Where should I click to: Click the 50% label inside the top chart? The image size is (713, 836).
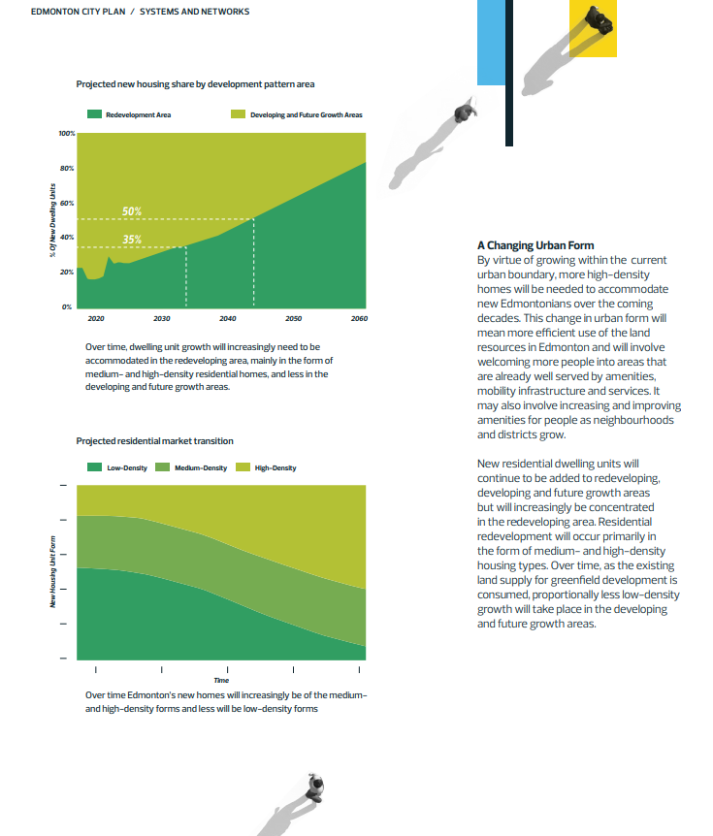pos(132,210)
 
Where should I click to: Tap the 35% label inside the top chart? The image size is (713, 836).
pos(132,240)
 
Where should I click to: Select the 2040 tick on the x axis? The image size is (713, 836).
pos(227,318)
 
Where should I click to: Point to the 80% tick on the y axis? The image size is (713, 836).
pos(67,168)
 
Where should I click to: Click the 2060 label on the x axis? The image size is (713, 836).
pos(360,318)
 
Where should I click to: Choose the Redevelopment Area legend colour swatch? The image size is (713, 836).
pos(94,114)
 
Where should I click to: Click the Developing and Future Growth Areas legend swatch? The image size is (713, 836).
pos(238,114)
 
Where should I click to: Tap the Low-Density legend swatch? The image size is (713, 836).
pos(94,467)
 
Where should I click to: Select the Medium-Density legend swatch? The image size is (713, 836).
pos(162,467)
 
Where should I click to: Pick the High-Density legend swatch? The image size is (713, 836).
pos(242,467)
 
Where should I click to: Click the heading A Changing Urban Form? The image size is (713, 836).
pos(535,245)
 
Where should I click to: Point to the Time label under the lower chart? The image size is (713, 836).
pos(221,681)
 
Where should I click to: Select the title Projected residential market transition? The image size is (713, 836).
pos(154,441)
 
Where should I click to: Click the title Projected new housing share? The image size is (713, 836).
pos(195,84)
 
